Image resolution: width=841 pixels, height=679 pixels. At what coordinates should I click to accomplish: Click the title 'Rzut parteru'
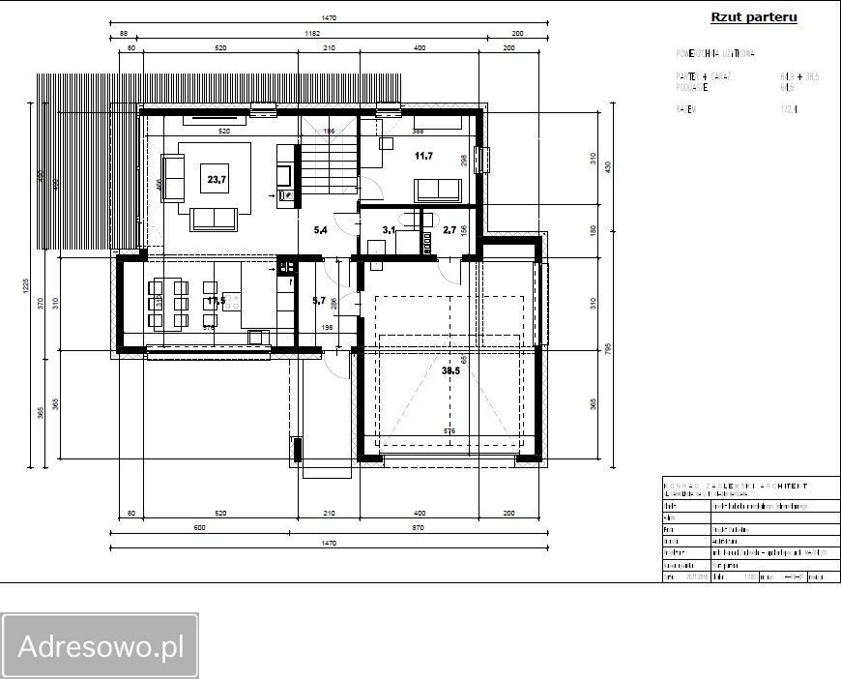point(753,16)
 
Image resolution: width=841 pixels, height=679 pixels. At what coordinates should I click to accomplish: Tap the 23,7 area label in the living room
point(216,179)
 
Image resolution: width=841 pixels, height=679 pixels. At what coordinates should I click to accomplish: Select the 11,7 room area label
point(423,156)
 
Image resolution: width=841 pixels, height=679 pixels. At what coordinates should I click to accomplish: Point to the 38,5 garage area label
point(450,370)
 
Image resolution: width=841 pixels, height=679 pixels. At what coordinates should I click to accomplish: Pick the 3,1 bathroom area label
point(389,230)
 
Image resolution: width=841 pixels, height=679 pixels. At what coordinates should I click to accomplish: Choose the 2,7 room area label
point(449,230)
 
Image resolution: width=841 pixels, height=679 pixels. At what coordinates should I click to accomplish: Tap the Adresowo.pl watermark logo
point(101,646)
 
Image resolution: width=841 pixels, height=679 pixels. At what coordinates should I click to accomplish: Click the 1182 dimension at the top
point(310,33)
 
